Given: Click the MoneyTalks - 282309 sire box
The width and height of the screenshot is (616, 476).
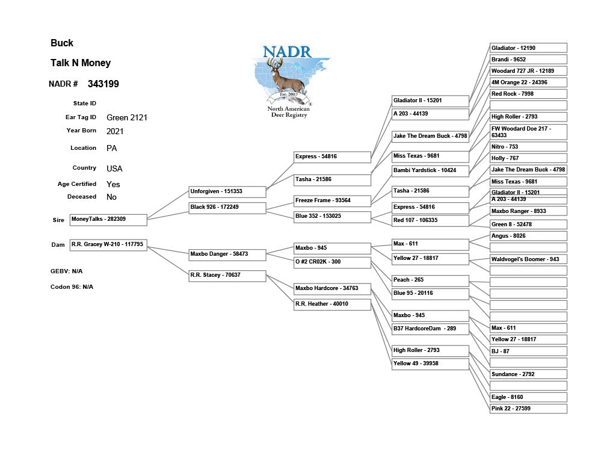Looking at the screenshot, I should (x=108, y=220).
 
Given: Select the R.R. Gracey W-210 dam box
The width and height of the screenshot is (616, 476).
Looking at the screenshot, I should (x=108, y=245).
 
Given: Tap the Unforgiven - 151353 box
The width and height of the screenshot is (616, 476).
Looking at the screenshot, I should (x=227, y=192).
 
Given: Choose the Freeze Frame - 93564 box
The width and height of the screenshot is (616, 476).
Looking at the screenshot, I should (x=332, y=200).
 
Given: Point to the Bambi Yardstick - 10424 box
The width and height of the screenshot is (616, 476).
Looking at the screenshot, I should (x=430, y=170).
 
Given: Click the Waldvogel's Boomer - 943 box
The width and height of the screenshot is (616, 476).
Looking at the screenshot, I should (x=528, y=259).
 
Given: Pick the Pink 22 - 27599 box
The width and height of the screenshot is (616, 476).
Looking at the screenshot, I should (x=528, y=409).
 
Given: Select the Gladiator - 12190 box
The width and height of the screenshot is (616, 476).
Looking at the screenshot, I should (x=528, y=48).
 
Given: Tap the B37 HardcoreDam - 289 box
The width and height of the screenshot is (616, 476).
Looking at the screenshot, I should (x=430, y=329).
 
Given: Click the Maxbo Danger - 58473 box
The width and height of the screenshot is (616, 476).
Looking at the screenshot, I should (x=227, y=255).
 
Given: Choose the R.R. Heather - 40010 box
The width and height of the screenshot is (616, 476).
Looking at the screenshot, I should (x=332, y=304).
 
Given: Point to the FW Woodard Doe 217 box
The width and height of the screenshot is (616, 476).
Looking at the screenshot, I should (x=528, y=132).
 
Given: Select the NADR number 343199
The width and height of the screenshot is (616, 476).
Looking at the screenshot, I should (x=103, y=84).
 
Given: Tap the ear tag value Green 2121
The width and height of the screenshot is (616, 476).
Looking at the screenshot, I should (x=127, y=118).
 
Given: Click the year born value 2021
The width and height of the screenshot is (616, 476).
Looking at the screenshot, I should (x=115, y=131).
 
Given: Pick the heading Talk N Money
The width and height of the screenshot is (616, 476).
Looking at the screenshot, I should (x=81, y=63).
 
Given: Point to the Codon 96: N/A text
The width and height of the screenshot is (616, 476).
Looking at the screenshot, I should (x=72, y=287).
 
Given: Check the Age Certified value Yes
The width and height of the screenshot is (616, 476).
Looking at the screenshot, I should (x=113, y=185).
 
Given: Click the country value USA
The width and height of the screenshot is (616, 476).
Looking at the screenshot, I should (x=114, y=168).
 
